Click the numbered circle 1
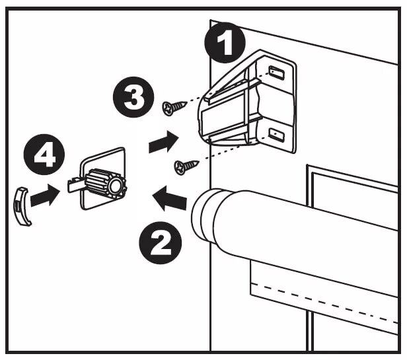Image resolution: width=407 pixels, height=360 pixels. tap(225, 44)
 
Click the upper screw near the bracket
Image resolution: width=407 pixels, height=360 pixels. tap(174, 105)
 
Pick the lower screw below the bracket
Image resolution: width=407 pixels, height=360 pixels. tap(186, 166)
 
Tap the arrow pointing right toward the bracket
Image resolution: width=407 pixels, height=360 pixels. tap(164, 141)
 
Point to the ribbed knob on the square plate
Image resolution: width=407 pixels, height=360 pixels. tap(106, 182)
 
